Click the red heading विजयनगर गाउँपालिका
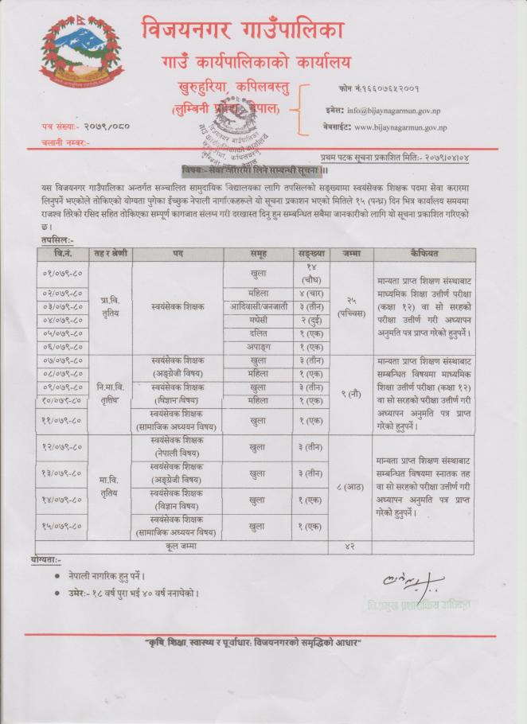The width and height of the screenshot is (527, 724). pos(243,30)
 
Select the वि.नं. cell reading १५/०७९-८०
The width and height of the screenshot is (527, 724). pos(63,525)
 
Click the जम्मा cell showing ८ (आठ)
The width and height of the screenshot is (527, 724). pos(351,486)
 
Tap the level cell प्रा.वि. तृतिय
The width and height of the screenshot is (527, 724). pos(110,306)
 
